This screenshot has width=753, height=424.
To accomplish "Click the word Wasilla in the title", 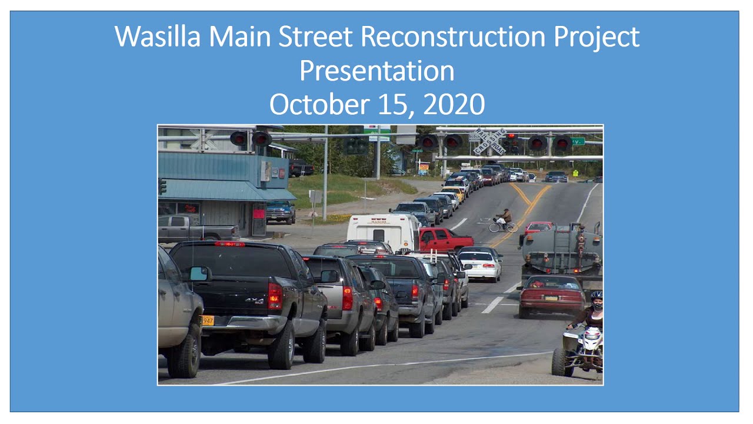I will tap(158, 37).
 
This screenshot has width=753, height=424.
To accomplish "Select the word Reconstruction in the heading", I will tap(453, 37).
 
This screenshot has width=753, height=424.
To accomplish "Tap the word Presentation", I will tap(376, 71).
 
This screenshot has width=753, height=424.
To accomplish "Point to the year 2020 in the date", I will tap(454, 105).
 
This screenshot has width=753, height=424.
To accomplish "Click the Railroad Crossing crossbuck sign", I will tap(489, 141).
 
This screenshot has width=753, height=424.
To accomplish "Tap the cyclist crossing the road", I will tap(503, 221).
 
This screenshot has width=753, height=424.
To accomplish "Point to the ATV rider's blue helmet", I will tap(597, 296).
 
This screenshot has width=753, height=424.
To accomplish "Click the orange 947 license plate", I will tap(207, 320).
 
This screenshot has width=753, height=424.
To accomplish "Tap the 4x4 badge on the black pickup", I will tap(254, 300).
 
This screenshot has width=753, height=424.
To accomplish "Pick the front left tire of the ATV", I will tap(559, 361).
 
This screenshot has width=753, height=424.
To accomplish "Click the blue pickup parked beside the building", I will tap(281, 211).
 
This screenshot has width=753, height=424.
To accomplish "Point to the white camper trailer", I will tap(383, 230).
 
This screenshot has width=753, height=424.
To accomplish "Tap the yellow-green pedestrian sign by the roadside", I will tap(575, 173).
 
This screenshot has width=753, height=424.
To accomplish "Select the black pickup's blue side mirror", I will tap(199, 273).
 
